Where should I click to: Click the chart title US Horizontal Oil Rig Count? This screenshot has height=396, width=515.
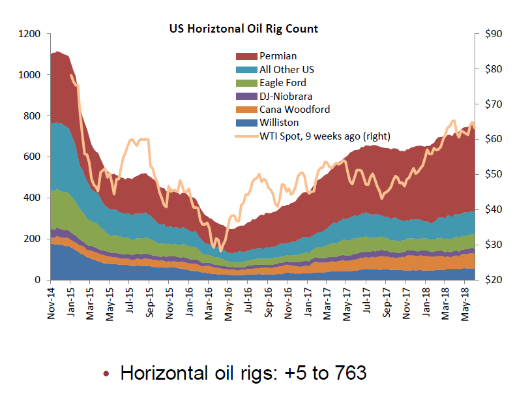(x=244, y=29)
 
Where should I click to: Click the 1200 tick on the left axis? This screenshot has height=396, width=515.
(x=30, y=34)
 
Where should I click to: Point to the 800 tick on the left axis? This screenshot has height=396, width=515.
(x=33, y=116)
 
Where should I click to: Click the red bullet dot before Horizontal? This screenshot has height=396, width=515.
(x=106, y=374)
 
